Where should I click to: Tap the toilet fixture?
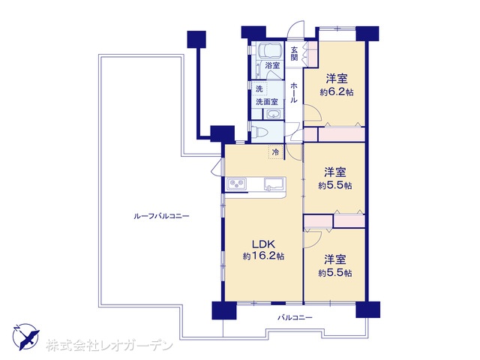(259, 132)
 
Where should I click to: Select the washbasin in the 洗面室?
(273, 114)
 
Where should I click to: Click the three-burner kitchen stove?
(236, 184)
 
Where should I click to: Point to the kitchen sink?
(274, 184)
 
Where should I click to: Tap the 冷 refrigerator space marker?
(275, 152)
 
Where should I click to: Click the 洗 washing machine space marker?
(259, 89)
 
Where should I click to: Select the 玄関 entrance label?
(294, 53)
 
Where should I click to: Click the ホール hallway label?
(294, 92)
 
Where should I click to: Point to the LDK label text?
(263, 244)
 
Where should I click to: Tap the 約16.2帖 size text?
(263, 256)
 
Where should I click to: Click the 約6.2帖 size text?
(337, 92)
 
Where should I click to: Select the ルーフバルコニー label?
(162, 217)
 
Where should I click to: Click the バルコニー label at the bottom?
(295, 317)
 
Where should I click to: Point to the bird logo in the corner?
(26, 337)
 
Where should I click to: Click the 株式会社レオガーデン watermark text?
(109, 346)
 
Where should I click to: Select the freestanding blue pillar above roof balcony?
(196, 39)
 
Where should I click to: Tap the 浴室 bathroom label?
(272, 65)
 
